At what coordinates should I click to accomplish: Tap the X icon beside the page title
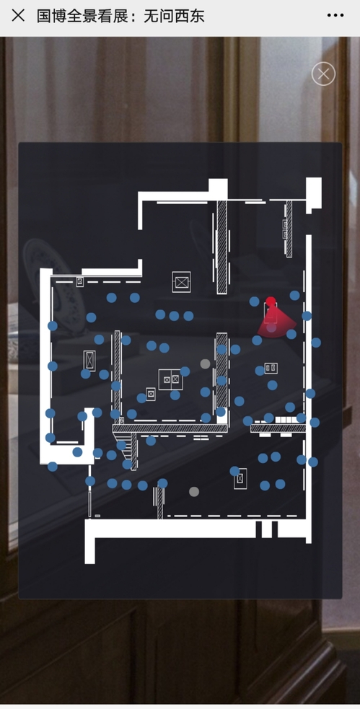pos(18,15)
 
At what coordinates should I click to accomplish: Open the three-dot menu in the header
pos(335,15)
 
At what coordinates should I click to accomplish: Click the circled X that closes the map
pos(323,74)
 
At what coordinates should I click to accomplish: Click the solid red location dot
pos(271,301)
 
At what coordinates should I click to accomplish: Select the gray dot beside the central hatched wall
pos(206,364)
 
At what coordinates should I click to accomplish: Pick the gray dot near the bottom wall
pos(194,491)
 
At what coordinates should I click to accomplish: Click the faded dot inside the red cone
pos(271,328)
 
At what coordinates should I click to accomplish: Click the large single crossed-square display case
pos(181,282)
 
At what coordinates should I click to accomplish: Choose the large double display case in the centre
pos(170,379)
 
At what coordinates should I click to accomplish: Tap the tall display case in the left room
pos(89,361)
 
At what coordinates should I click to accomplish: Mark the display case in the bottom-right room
pos(240,478)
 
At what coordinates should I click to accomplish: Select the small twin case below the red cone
pos(271,368)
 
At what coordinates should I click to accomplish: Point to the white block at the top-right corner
pos(314,193)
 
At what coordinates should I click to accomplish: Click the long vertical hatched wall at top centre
pos(221,247)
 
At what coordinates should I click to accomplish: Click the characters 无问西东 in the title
pos(174,16)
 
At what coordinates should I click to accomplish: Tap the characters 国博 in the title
pos(52,16)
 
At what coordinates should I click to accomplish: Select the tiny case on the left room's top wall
pos(79,282)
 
